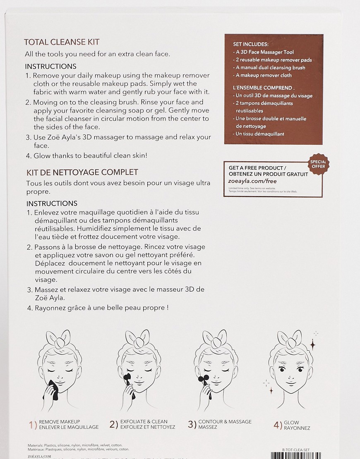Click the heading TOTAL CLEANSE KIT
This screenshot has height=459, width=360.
point(62,42)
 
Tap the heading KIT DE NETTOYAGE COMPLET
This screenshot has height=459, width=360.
point(82,172)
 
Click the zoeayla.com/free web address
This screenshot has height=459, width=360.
point(252,181)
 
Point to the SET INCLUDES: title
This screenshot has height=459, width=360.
point(251,44)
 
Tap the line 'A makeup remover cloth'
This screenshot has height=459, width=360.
point(263,75)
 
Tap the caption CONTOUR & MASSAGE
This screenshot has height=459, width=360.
point(225,421)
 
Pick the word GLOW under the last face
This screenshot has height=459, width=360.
point(291,423)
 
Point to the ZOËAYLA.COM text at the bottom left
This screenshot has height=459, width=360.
point(39,457)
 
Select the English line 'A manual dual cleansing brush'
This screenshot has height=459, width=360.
point(270,67)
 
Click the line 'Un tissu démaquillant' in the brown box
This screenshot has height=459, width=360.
point(259,134)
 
